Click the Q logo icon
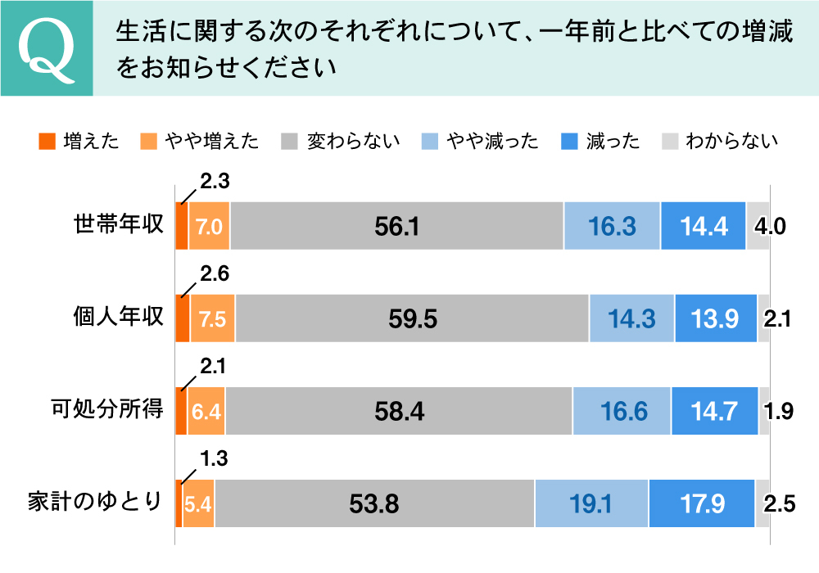click(x=47, y=48)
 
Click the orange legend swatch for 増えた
click(x=47, y=141)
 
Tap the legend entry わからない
click(x=731, y=141)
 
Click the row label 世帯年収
click(x=120, y=226)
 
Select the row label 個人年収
click(x=120, y=318)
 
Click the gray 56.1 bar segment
click(x=396, y=226)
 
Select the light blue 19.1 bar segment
click(x=591, y=503)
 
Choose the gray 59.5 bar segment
click(x=412, y=318)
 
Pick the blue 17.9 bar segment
click(x=702, y=503)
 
